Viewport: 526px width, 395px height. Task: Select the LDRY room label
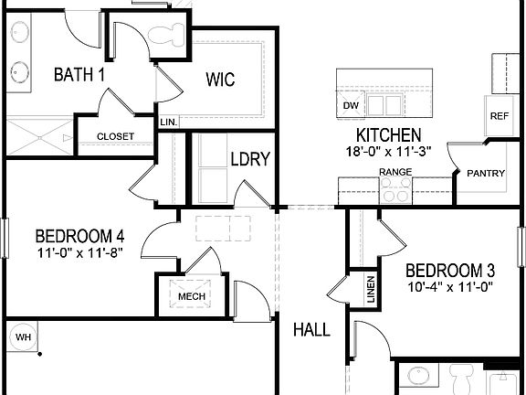(249, 159)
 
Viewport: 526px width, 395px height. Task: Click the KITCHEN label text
(382, 134)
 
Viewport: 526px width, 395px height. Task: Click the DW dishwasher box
(351, 106)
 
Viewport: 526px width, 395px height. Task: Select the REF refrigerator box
(499, 116)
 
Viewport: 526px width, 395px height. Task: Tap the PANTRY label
(486, 174)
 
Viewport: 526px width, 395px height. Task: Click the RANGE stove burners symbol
(395, 190)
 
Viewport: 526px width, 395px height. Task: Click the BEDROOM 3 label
(450, 271)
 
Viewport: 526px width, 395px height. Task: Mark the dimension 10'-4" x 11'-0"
(450, 286)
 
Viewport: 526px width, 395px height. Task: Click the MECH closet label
(191, 296)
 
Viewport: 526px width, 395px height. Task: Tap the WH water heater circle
(22, 337)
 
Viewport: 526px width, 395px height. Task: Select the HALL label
(311, 329)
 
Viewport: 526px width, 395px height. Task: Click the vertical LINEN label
(371, 289)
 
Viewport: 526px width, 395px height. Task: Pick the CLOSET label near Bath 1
(115, 137)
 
